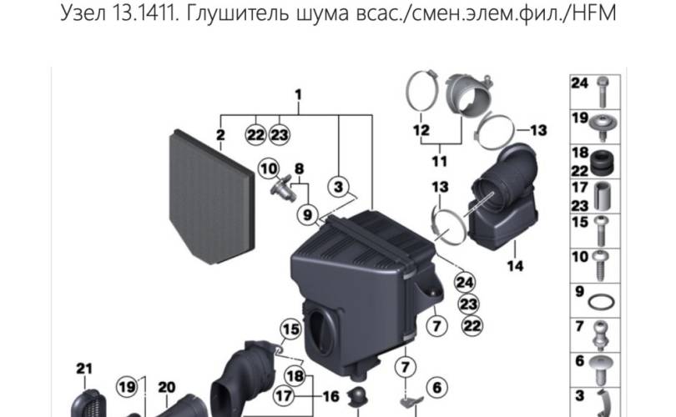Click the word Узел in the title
tap(83, 13)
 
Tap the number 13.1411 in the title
tap(145, 13)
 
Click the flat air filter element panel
tap(211, 197)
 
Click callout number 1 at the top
tap(298, 95)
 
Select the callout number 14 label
tap(515, 266)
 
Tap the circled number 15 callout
tap(290, 329)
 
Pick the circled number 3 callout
tap(339, 187)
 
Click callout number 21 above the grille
tap(84, 369)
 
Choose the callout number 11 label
tap(440, 161)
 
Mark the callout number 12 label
tap(421, 129)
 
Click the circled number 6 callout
tap(436, 388)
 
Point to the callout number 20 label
tap(166, 388)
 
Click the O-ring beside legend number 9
tap(602, 302)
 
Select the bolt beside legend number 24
tap(603, 92)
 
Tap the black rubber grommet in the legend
tap(602, 163)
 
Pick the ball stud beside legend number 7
tap(601, 335)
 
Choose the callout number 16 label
tap(330, 396)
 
